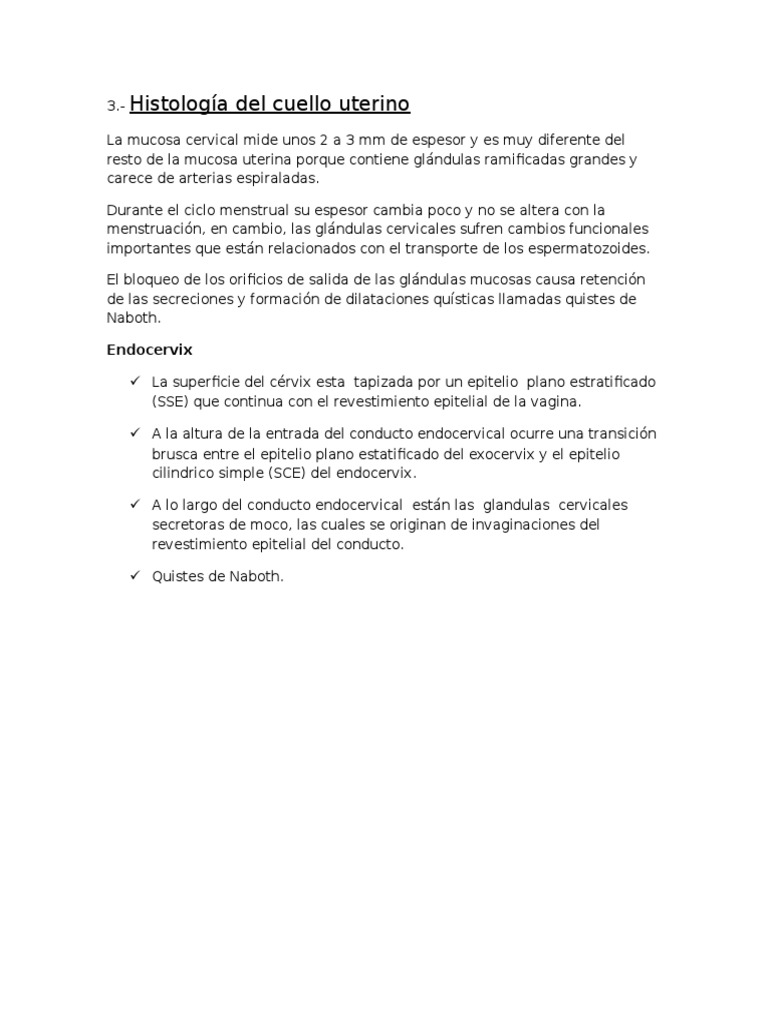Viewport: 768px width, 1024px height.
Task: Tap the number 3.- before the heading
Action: [x=116, y=107]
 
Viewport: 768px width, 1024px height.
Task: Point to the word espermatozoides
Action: [x=621, y=248]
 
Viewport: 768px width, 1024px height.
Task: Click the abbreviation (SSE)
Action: [x=170, y=401]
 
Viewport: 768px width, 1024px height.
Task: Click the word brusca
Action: [x=175, y=454]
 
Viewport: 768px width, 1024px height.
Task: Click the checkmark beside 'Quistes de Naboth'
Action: [x=134, y=575]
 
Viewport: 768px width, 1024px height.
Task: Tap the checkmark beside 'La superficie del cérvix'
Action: [x=134, y=383]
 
